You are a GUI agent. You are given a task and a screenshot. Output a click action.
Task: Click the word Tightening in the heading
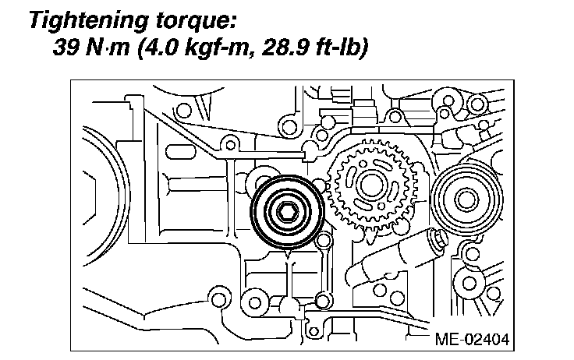89,21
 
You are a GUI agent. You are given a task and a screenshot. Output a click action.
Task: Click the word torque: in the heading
195,22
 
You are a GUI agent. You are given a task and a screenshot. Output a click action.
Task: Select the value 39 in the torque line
66,48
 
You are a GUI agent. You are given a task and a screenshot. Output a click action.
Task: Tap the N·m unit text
108,48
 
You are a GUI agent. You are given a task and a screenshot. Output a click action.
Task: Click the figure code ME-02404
472,339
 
